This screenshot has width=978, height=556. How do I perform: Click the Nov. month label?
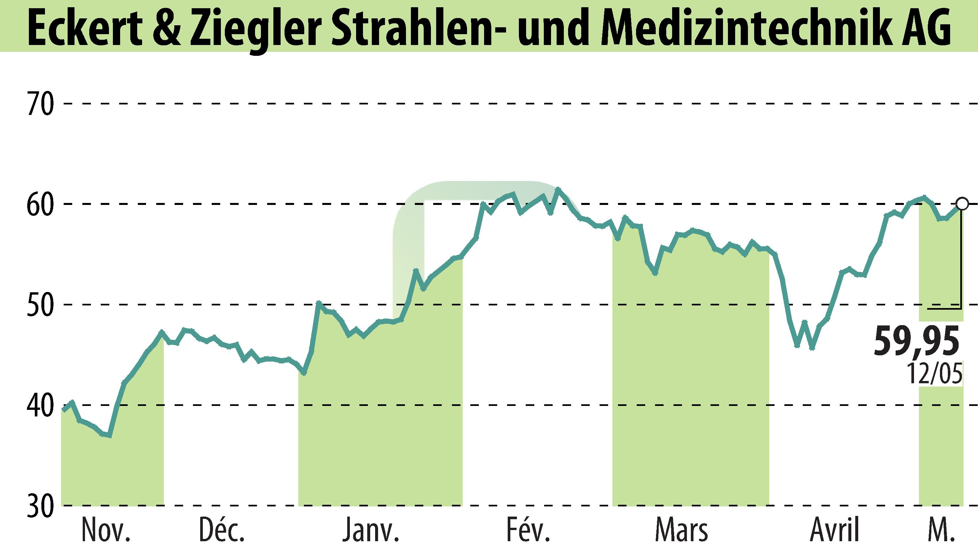tap(106, 531)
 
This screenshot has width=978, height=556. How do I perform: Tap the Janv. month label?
tap(371, 531)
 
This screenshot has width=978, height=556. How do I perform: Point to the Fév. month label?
tap(528, 531)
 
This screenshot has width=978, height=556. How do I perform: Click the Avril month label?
tap(835, 531)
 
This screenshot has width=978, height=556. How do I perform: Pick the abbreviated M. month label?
tap(941, 531)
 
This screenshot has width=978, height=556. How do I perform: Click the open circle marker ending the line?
tap(962, 204)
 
